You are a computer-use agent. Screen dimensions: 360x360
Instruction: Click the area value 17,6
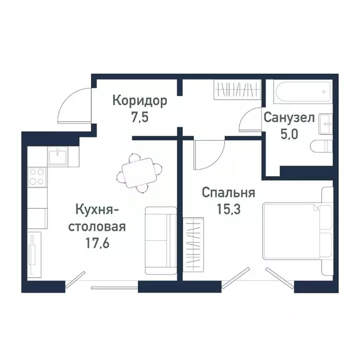[97, 244]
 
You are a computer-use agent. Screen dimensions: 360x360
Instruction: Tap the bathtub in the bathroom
[303, 93]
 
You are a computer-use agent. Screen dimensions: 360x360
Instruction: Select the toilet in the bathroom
[321, 146]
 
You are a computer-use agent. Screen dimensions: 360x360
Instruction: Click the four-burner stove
[37, 177]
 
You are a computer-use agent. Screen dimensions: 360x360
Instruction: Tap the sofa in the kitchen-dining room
[160, 240]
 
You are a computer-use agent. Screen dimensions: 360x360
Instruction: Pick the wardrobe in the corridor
[237, 89]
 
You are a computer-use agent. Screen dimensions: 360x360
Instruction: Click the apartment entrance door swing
[75, 105]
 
